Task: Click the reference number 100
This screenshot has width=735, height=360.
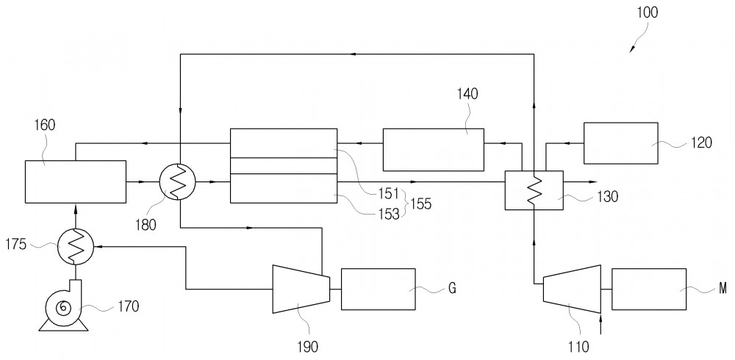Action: pos(648,12)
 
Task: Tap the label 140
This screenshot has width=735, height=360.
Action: pos(467,94)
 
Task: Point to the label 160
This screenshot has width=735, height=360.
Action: pos(44,125)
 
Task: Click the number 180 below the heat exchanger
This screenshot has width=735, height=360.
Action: pos(146,225)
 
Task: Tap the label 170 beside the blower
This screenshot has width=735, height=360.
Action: pos(128,306)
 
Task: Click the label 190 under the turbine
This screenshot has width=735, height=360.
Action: pos(307,347)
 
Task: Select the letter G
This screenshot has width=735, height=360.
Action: pos(452,289)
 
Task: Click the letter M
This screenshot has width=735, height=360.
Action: pos(723,289)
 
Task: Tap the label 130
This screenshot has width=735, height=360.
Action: pos(607,197)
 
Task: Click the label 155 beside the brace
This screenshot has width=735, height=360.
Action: pos(420,204)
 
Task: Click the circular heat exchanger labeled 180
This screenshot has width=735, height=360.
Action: pos(178,182)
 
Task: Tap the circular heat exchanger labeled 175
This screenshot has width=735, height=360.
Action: pos(76,246)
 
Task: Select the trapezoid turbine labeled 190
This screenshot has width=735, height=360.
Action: pos(301,289)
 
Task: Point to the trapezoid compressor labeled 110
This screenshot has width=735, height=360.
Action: pos(572,289)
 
